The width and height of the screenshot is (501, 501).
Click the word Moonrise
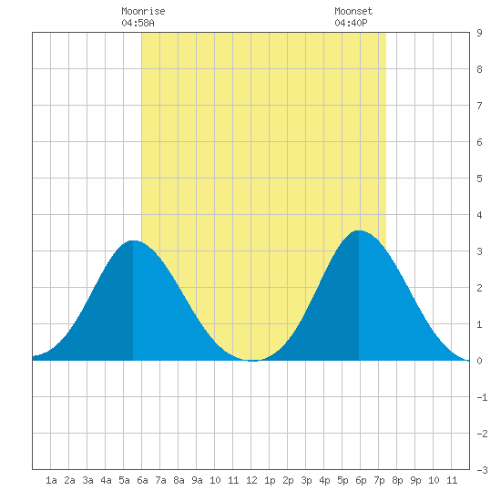[143, 11]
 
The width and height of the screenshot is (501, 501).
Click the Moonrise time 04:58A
[138, 23]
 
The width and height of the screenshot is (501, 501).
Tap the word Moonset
[353, 11]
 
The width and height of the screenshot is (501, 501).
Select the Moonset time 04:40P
[351, 23]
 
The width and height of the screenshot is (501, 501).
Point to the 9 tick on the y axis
[479, 33]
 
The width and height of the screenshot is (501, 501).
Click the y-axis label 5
[479, 179]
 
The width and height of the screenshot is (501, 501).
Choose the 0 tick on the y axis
[479, 361]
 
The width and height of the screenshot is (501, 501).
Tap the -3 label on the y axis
[482, 470]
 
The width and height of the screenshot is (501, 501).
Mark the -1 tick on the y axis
[482, 397]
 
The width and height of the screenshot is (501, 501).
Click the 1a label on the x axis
[51, 480]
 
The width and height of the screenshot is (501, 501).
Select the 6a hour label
[142, 480]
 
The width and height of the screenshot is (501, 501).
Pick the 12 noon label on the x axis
[251, 480]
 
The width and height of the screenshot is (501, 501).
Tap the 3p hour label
[306, 480]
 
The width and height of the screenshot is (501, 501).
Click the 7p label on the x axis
[379, 480]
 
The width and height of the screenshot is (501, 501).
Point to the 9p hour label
[415, 480]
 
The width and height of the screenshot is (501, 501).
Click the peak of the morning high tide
[133, 240]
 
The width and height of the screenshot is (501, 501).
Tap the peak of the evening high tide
[359, 230]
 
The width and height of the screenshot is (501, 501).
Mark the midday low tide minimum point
[252, 361]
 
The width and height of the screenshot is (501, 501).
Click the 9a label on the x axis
[197, 480]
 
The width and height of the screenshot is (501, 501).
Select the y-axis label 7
[479, 106]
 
